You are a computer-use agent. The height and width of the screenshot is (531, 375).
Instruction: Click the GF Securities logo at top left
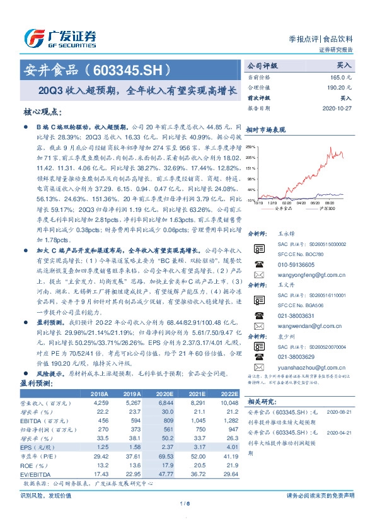(60, 37)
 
